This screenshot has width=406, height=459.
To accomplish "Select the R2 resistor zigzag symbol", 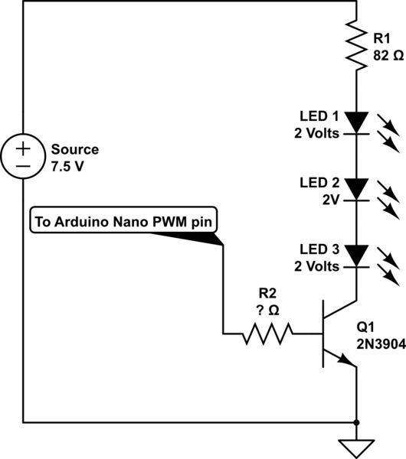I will click(x=268, y=334).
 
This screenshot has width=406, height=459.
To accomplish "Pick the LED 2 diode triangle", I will click(x=357, y=187).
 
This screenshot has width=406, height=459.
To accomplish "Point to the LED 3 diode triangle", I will click(x=357, y=255).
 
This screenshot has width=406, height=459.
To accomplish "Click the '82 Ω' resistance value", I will click(x=388, y=56).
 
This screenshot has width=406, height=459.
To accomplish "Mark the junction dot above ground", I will click(x=357, y=421).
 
